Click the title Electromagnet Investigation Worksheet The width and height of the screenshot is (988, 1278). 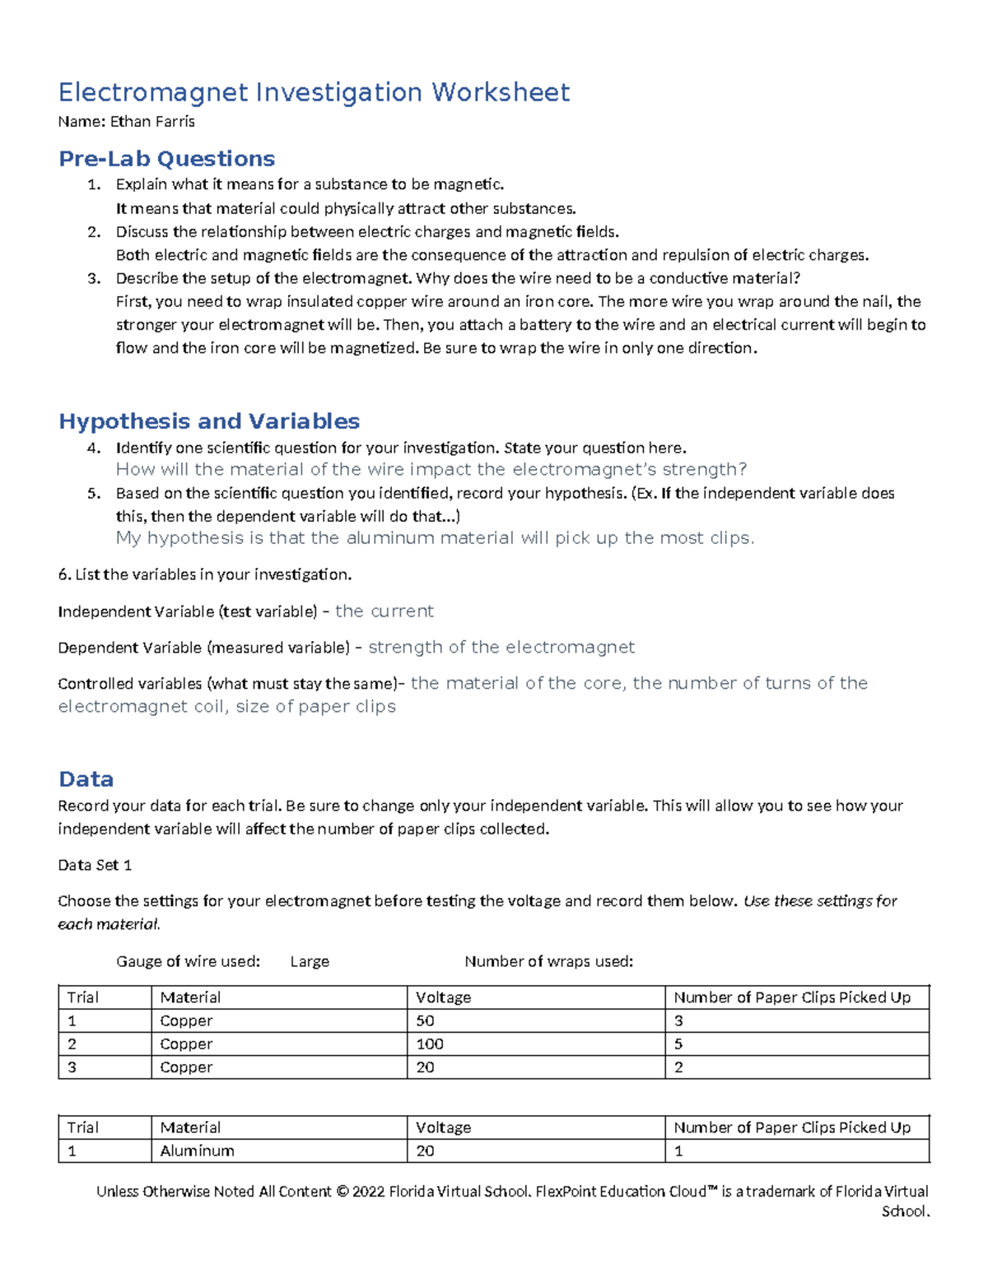(x=314, y=92)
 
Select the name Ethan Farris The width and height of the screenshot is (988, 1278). (x=152, y=122)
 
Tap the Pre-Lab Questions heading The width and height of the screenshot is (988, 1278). (x=166, y=158)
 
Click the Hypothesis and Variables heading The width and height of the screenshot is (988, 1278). (x=209, y=421)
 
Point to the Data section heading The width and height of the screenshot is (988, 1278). (x=86, y=779)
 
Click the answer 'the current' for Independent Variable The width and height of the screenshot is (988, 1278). (x=384, y=611)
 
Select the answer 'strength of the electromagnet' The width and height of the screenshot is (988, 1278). (x=501, y=648)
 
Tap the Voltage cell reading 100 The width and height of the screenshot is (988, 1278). (x=430, y=1044)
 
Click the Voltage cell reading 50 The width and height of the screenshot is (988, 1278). (x=425, y=1021)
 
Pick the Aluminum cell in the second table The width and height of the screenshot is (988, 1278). (x=197, y=1151)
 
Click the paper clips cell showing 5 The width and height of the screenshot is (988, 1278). (x=678, y=1044)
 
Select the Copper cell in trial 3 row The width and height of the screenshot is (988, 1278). (x=186, y=1067)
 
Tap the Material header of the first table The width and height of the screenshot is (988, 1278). (x=190, y=998)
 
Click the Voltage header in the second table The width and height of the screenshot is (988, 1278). (x=443, y=1128)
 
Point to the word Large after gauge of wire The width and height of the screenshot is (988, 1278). (x=310, y=962)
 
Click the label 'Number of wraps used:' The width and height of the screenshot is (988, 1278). (x=548, y=962)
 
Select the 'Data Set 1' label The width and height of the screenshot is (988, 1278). (x=95, y=866)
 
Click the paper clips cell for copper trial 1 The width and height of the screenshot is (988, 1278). (x=678, y=1021)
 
